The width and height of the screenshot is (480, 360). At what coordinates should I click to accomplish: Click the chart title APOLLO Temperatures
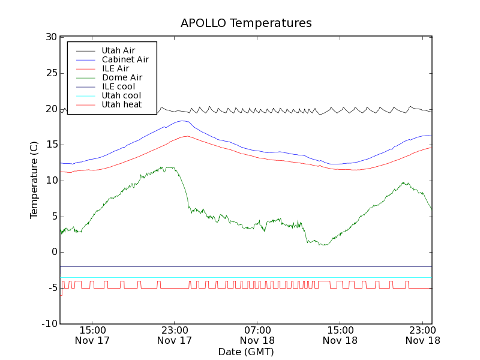click(x=246, y=23)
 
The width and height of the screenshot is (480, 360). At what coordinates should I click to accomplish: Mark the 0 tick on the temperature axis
click(x=53, y=252)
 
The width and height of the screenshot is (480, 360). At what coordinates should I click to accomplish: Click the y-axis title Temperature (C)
click(x=34, y=180)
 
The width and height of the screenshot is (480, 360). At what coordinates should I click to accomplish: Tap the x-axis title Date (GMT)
click(x=246, y=352)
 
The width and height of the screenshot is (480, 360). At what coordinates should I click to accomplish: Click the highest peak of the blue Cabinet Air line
click(x=182, y=121)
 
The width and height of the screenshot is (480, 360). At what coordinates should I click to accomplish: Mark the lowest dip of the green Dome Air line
click(x=324, y=245)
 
